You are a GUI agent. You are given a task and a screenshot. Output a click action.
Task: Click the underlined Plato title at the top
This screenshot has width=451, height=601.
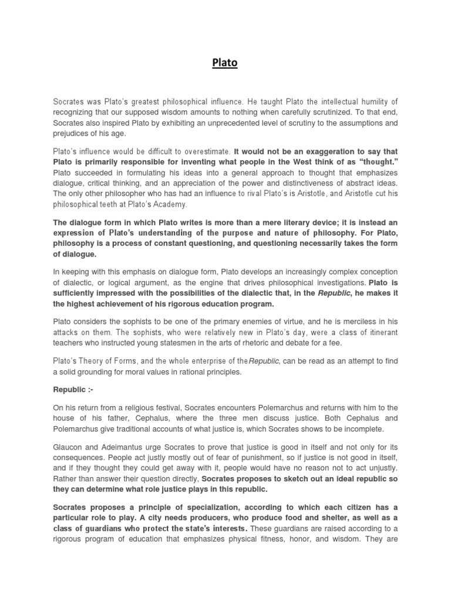click(225, 63)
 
